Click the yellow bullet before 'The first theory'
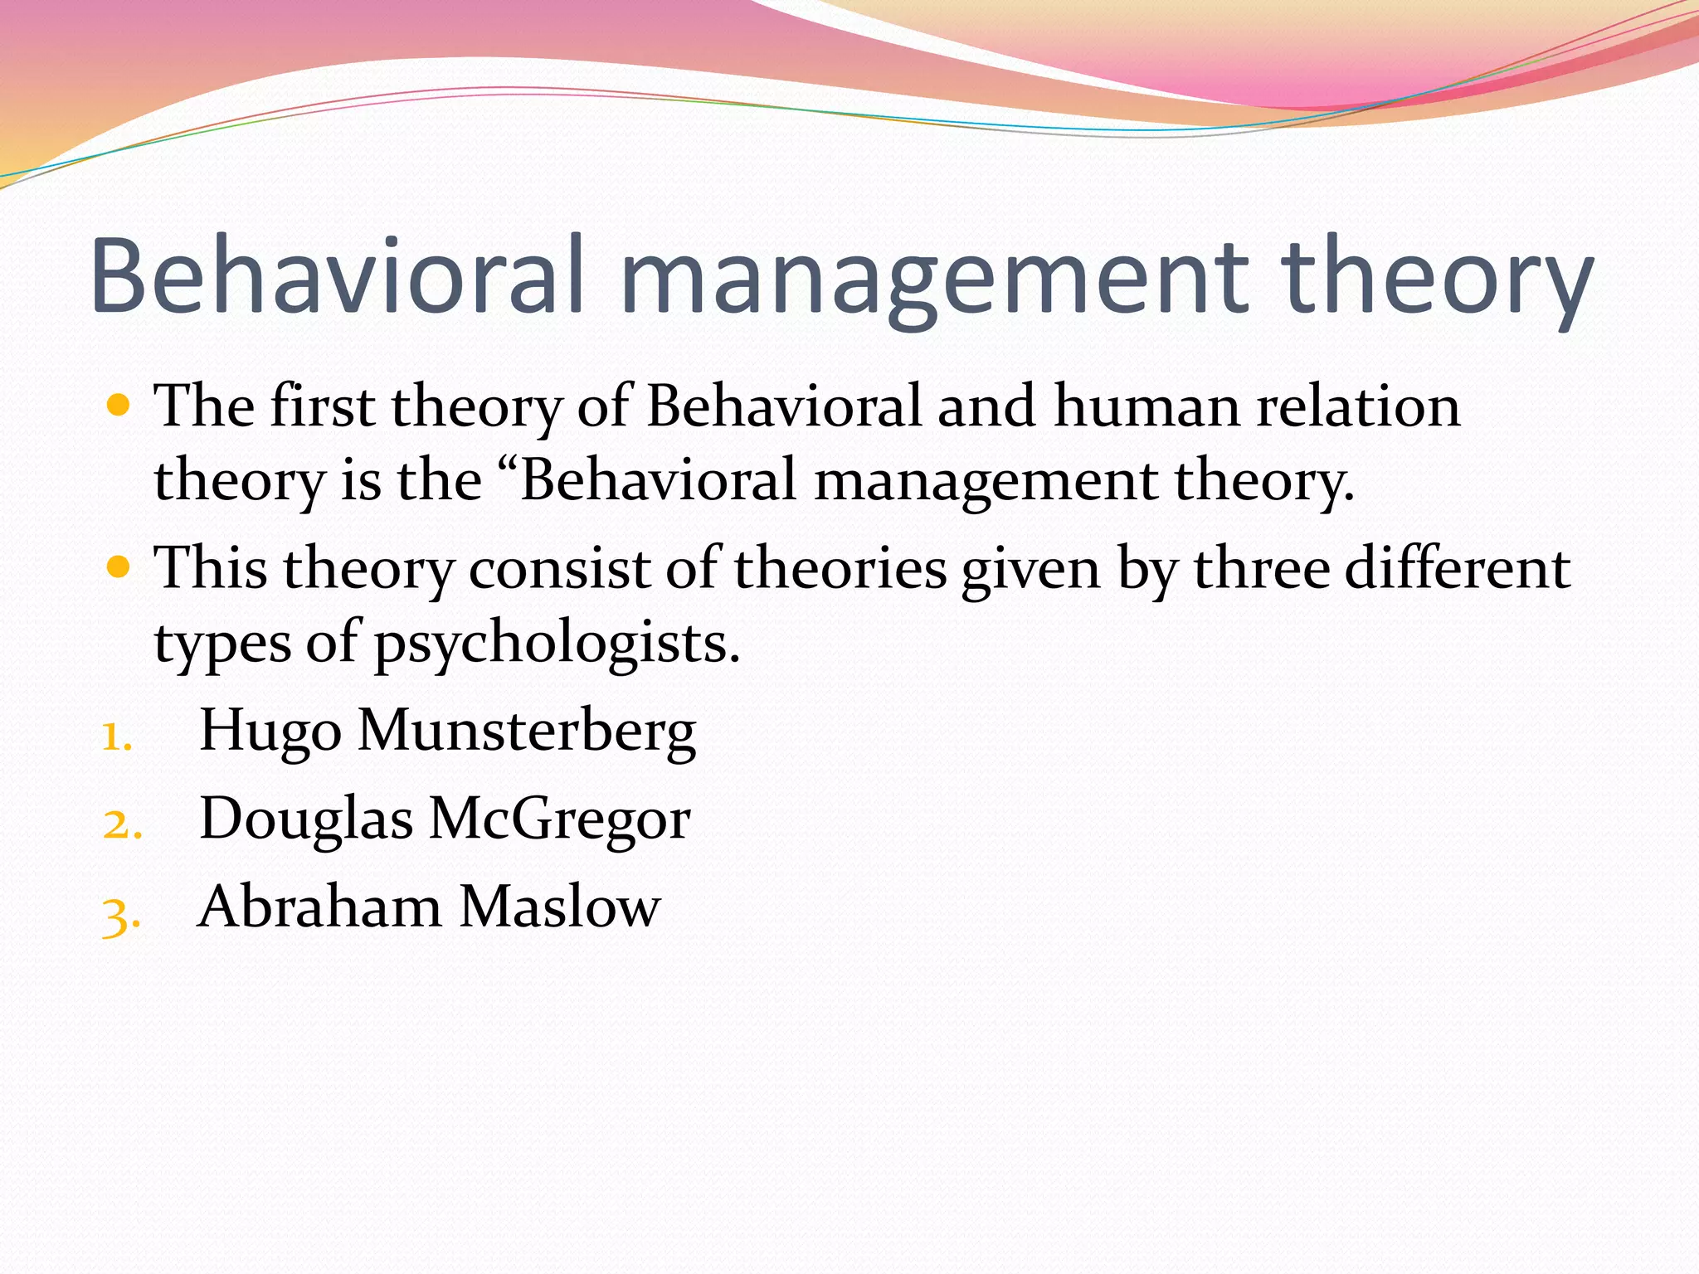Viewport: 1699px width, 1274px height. [119, 406]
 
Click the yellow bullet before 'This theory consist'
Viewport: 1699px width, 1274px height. [119, 567]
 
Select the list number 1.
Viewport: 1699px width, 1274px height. [117, 736]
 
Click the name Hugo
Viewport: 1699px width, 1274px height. [270, 732]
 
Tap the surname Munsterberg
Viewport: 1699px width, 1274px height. [527, 732]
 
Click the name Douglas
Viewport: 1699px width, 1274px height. [306, 820]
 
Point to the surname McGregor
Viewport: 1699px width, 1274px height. [559, 820]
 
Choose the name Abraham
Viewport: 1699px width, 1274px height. [319, 907]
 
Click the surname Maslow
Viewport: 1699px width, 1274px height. [560, 907]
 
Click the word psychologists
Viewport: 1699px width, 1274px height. [556, 644]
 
